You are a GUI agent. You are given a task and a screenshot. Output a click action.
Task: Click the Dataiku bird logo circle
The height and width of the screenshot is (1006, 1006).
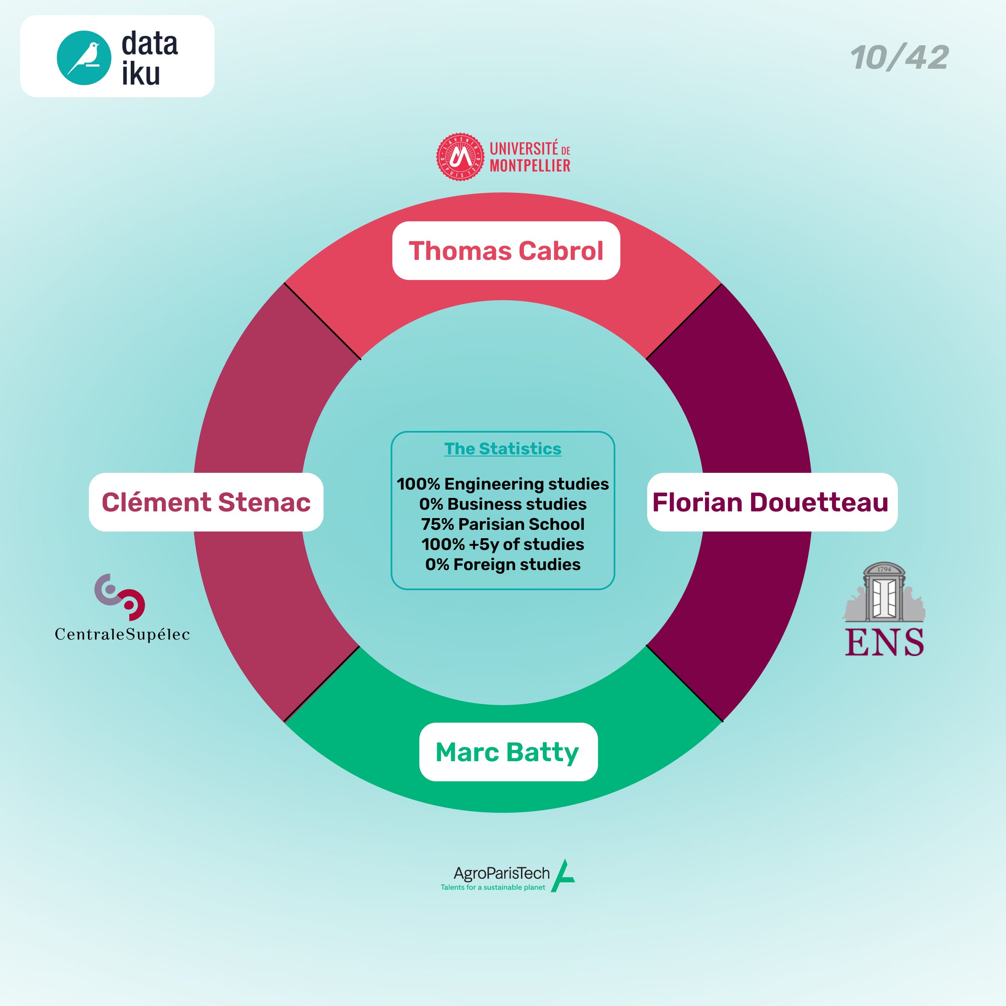pos(84,57)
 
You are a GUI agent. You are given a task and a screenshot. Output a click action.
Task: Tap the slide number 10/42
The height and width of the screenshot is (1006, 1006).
pos(899,57)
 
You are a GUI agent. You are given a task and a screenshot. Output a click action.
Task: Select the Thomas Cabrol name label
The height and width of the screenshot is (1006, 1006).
pos(506,251)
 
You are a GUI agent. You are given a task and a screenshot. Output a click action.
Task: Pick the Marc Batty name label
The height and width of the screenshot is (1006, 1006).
pos(508,752)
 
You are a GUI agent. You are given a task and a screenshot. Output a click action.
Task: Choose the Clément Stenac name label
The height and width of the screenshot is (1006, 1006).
pos(206,502)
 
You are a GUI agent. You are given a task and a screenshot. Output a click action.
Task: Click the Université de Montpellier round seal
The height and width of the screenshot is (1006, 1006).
pos(460,157)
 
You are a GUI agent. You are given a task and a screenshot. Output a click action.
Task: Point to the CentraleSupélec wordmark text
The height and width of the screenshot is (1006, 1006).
pos(122,634)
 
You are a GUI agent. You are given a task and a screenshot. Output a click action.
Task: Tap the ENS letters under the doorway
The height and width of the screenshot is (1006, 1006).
pos(884,642)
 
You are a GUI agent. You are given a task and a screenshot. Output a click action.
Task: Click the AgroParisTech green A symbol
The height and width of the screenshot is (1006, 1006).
pos(563,876)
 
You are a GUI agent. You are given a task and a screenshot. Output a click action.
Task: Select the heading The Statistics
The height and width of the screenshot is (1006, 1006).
pos(503,449)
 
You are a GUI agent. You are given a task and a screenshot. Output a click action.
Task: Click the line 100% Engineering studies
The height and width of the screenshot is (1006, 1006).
pos(503,484)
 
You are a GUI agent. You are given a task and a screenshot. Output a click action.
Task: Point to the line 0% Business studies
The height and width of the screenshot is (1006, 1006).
pos(503,504)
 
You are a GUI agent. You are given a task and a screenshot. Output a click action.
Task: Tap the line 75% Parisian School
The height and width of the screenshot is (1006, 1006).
pos(503,524)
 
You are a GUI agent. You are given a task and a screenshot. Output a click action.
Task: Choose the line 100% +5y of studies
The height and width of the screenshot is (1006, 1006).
pos(503,544)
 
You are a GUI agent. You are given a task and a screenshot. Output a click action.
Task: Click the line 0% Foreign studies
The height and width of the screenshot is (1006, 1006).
pos(503,565)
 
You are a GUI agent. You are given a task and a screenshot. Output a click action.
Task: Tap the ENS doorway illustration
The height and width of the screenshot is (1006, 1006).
pos(884,593)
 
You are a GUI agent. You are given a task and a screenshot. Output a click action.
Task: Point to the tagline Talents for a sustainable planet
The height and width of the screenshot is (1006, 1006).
pos(493,887)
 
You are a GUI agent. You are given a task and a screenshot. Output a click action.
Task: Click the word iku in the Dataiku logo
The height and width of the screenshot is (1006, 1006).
pos(140,74)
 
